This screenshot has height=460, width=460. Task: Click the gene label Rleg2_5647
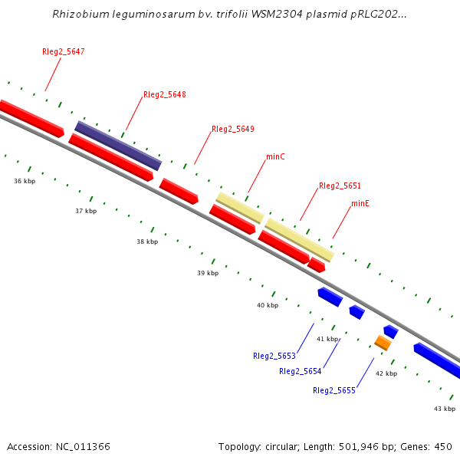click(63, 51)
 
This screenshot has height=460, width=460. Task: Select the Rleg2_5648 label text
click(164, 94)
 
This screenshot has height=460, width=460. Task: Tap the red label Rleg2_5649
click(232, 129)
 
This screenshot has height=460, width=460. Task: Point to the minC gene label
click(275, 156)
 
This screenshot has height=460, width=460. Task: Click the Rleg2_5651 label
click(340, 186)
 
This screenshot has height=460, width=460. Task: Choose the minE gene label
click(360, 203)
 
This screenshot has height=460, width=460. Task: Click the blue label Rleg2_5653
click(274, 356)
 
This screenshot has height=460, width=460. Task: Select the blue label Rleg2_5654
click(300, 371)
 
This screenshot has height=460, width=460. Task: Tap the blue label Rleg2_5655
click(333, 390)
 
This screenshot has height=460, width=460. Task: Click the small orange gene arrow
click(383, 342)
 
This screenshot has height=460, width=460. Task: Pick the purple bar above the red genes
click(118, 145)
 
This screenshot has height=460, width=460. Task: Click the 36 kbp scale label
click(25, 181)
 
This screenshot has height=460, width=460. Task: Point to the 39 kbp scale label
click(208, 273)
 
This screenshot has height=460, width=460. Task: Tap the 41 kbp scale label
click(327, 338)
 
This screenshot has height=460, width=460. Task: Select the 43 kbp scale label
click(445, 409)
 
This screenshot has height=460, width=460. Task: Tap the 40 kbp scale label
click(268, 305)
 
